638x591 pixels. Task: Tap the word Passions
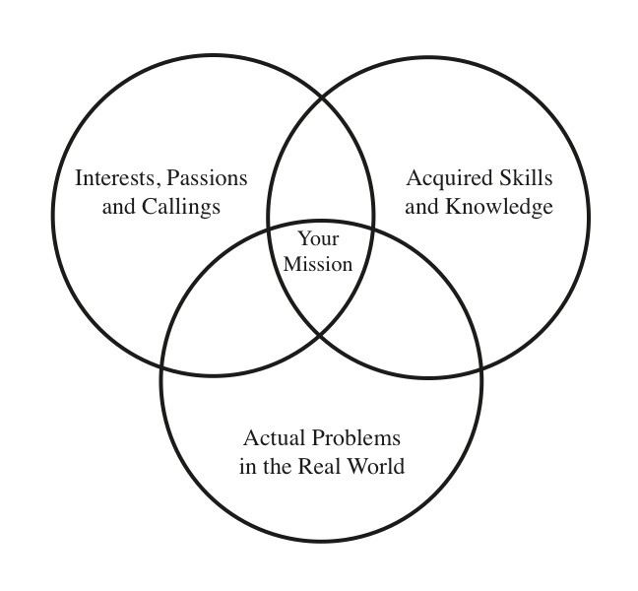[207, 179]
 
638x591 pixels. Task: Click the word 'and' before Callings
[118, 207]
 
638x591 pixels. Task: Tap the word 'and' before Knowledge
[422, 207]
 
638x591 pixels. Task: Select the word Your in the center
[317, 238]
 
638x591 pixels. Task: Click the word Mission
[317, 263]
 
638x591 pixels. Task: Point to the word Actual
[275, 437]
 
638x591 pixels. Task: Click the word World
[380, 465]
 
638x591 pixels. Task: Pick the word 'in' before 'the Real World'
[248, 465]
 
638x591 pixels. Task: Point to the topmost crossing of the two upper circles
[321, 96]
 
